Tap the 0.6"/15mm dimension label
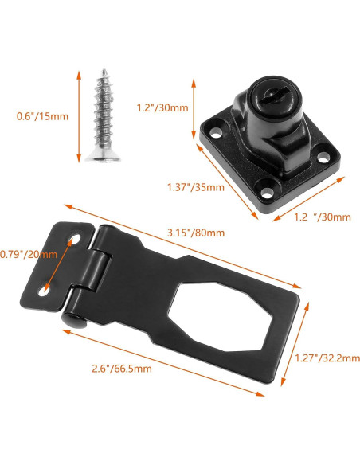(42, 116)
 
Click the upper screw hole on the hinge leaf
(76, 240)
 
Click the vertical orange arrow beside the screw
(79, 116)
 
